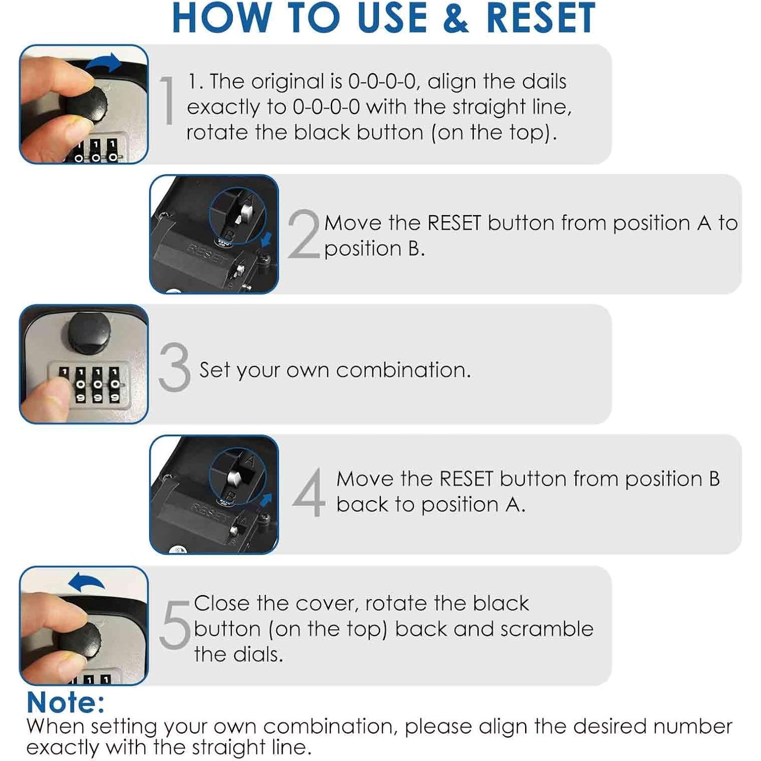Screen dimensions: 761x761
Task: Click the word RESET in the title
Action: [541, 18]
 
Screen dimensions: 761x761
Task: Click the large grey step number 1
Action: [167, 100]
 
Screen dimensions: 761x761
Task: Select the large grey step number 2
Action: [304, 234]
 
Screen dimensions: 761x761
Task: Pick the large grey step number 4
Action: [309, 492]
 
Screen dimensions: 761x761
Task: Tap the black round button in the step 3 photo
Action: [89, 333]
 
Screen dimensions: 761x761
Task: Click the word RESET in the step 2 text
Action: [455, 223]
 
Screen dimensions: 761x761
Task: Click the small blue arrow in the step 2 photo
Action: [267, 239]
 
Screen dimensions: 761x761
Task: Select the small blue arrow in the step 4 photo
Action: [266, 500]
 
